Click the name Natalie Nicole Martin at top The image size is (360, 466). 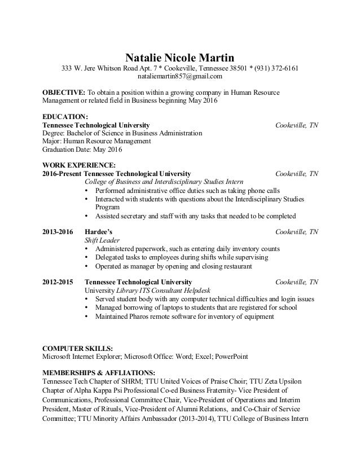click(x=179, y=58)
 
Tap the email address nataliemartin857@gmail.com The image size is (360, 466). click(x=180, y=76)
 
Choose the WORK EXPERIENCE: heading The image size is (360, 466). click(x=79, y=165)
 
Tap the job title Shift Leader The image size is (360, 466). click(x=100, y=240)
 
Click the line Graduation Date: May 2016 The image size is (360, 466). click(x=83, y=150)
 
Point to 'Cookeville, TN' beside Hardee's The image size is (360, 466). click(x=296, y=232)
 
